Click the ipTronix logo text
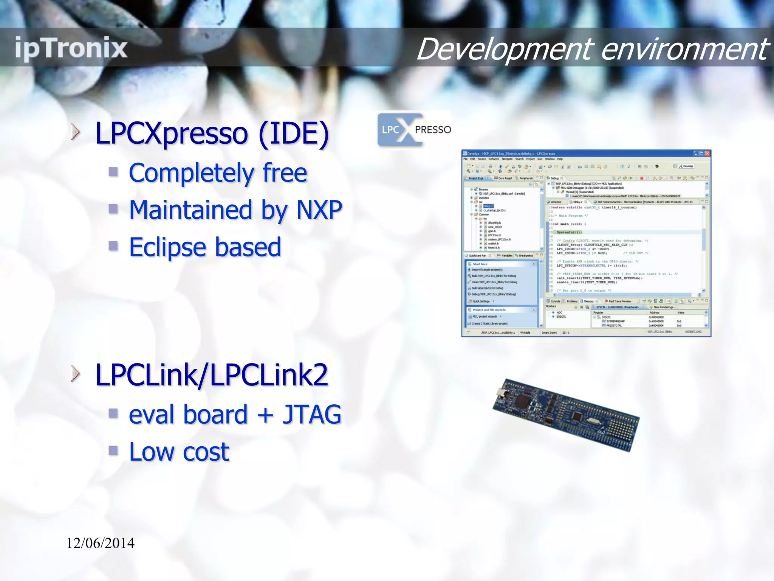pyautogui.click(x=71, y=48)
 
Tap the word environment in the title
pyautogui.click(x=684, y=49)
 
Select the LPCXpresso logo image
pyautogui.click(x=414, y=130)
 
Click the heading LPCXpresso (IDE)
pyautogui.click(x=212, y=133)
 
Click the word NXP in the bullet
pyautogui.click(x=319, y=210)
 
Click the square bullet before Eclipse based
pyautogui.click(x=113, y=247)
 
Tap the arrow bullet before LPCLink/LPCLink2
pyautogui.click(x=76, y=374)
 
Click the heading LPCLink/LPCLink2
pyautogui.click(x=212, y=375)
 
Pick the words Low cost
pyautogui.click(x=179, y=452)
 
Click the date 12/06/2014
pyautogui.click(x=101, y=543)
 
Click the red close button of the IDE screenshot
pyautogui.click(x=707, y=154)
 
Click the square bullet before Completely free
pyautogui.click(x=113, y=172)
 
